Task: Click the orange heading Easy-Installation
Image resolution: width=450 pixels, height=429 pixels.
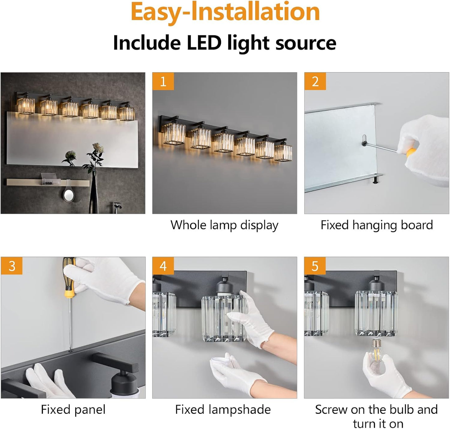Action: [x=225, y=12]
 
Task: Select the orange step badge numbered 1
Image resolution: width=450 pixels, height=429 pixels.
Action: [x=163, y=81]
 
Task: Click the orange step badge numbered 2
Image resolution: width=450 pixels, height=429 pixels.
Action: [x=315, y=81]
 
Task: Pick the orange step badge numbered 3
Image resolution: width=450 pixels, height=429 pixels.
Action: [x=12, y=266]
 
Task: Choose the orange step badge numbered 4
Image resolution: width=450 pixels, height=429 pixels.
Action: [x=163, y=266]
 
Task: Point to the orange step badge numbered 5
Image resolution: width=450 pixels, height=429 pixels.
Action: [x=315, y=266]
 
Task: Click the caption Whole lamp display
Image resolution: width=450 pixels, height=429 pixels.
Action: [x=224, y=225]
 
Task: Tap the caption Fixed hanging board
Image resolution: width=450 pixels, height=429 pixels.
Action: [x=377, y=225]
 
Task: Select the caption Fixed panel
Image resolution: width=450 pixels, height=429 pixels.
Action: [x=73, y=410]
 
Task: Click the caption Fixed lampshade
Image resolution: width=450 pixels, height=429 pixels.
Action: [x=223, y=410]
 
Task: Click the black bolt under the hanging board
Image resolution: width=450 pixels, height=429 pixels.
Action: [x=375, y=180]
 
